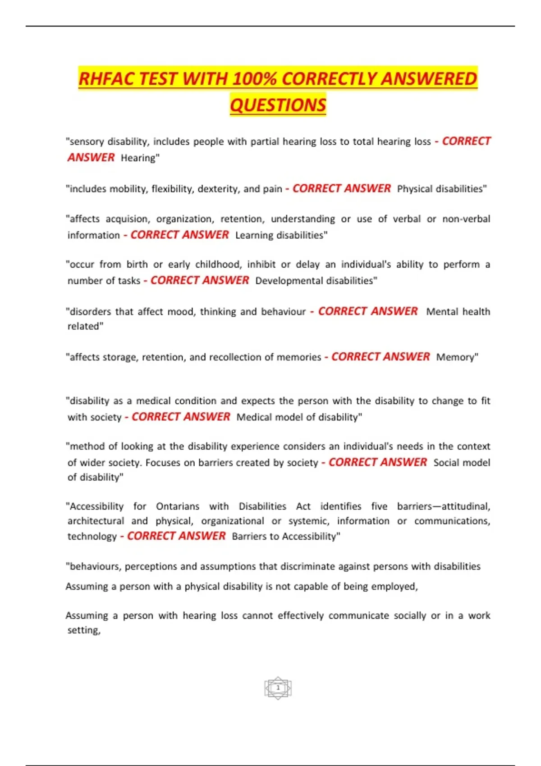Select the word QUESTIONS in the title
click(x=278, y=105)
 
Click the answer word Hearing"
click(x=140, y=158)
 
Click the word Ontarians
click(x=178, y=506)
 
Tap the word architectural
click(x=96, y=521)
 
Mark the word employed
click(x=394, y=587)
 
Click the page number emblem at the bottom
click(x=278, y=688)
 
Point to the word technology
click(x=92, y=537)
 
